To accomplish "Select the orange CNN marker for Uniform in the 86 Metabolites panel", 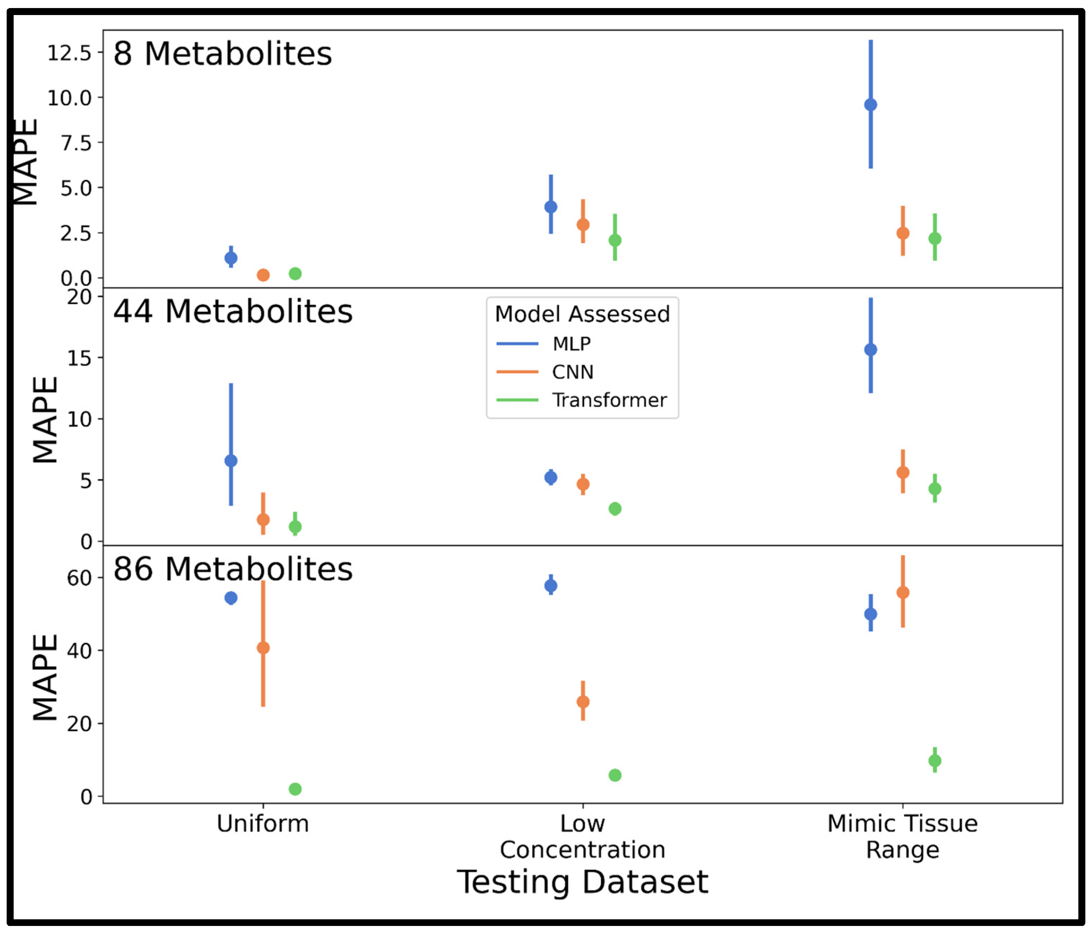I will tap(263, 648).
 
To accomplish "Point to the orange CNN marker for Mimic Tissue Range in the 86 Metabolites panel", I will tap(902, 592).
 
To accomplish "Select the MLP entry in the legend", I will tap(571, 344).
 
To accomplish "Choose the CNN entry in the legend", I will tap(572, 372).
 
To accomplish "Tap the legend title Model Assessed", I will tap(582, 314).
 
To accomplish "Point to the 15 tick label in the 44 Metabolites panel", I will tap(79, 358).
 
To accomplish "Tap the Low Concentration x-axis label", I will tap(582, 836).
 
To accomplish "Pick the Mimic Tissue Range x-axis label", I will tap(902, 836).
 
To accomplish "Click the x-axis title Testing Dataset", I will tap(582, 882).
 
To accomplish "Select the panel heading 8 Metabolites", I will tap(222, 54).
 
